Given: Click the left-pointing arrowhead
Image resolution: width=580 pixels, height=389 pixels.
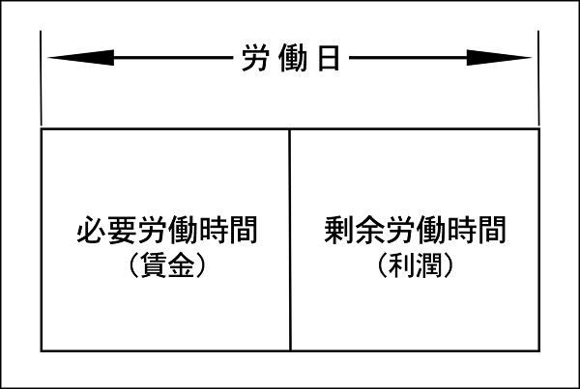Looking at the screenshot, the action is click(81, 58).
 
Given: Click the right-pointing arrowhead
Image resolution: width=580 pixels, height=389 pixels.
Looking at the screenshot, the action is click(499, 58).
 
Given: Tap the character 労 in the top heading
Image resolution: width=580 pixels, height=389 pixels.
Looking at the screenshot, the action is click(255, 58).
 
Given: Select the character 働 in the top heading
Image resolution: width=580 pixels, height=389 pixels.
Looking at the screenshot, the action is click(293, 58).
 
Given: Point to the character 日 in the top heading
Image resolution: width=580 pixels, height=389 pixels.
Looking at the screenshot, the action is click(329, 58).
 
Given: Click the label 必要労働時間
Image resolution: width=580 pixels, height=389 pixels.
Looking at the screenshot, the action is click(167, 230).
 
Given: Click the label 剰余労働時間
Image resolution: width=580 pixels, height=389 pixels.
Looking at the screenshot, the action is click(415, 230).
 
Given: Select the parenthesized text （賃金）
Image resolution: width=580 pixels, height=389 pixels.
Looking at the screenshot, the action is click(167, 264).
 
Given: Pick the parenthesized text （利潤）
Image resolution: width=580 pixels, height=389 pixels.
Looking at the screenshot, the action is click(415, 264).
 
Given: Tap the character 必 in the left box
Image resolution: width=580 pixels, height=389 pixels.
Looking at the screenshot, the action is click(92, 230).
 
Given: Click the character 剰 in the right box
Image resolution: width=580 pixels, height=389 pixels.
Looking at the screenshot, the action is click(339, 230).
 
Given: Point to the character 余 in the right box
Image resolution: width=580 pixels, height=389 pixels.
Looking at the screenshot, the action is click(370, 230).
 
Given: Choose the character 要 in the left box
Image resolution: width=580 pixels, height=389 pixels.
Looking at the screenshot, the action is click(122, 230).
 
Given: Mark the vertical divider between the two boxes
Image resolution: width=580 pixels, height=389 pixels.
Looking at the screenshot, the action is click(290, 239).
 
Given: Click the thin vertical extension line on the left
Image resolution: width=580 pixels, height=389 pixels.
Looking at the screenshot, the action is click(41, 78).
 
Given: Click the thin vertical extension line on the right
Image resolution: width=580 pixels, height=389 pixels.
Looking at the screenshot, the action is click(538, 78).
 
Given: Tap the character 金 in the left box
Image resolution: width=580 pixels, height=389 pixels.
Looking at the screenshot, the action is click(182, 265).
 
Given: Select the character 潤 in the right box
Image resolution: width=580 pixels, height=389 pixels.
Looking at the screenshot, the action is click(429, 265).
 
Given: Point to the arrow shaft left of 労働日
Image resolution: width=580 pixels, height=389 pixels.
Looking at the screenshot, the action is click(173, 58).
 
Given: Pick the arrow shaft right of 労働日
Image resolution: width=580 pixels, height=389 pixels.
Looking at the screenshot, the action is click(408, 58).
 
